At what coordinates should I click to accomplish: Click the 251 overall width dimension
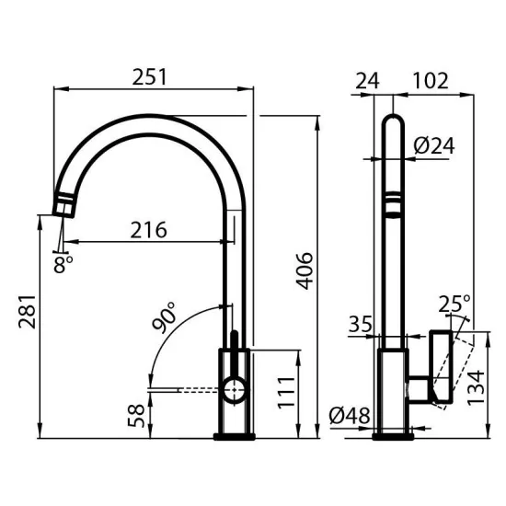[151, 77]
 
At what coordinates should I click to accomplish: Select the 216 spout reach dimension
[147, 230]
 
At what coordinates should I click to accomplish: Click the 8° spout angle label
[63, 264]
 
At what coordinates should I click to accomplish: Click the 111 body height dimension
[287, 392]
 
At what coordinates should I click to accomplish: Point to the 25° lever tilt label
[454, 303]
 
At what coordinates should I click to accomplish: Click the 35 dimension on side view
[361, 324]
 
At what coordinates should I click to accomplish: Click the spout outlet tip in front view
[64, 204]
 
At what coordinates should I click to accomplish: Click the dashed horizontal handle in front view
[184, 390]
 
